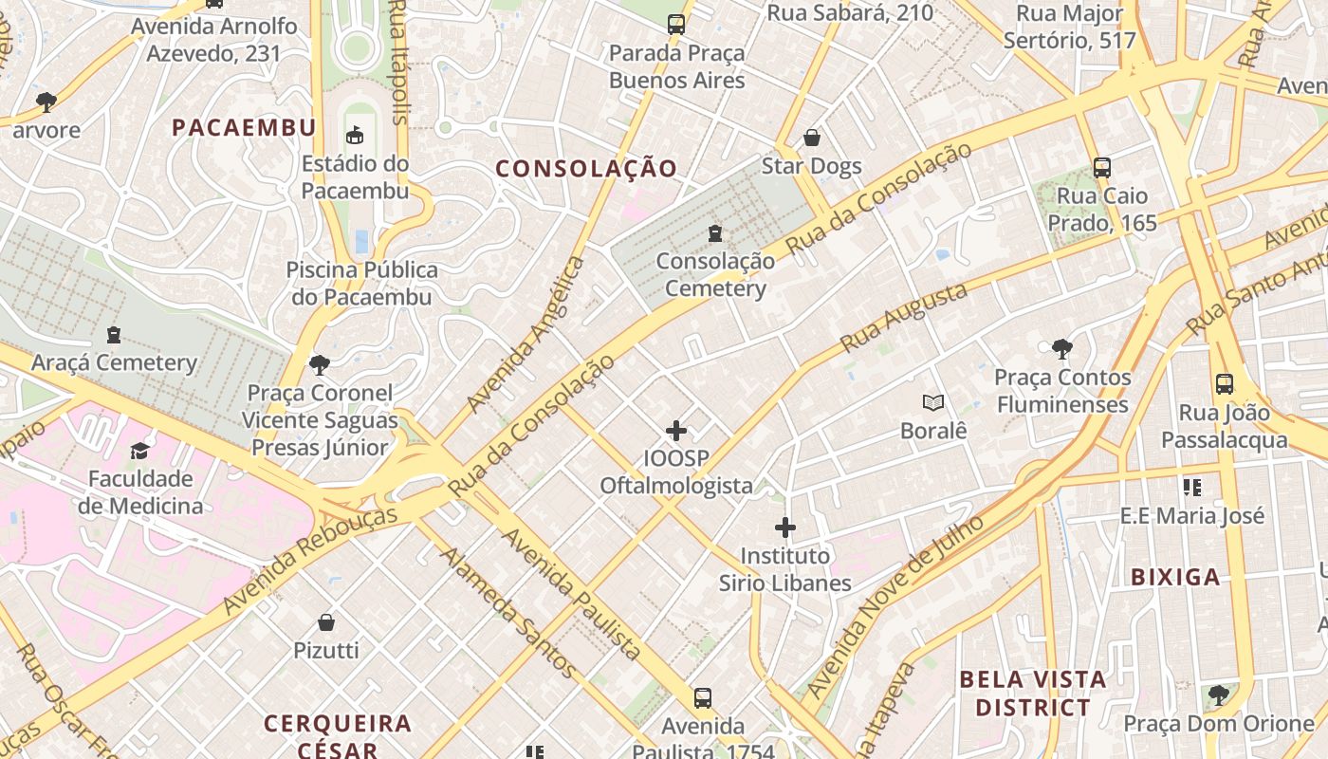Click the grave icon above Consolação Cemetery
coord(715,232)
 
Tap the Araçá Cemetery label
coord(114,362)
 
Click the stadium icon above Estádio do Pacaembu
coord(355,136)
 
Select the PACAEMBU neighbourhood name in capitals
coord(244,128)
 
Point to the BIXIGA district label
coord(1175,577)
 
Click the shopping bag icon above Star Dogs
coord(812,139)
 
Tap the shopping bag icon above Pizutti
coord(326,622)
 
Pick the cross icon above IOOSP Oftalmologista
coord(676,431)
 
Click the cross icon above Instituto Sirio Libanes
coord(785,528)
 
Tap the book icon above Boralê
coord(933,403)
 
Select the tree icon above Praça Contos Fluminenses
coord(1061,349)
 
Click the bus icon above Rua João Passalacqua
coord(1225,384)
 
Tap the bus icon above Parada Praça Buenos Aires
coord(676,25)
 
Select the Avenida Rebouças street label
coord(310,560)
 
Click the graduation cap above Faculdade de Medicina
coord(140,451)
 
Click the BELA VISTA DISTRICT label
coord(1033,694)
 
